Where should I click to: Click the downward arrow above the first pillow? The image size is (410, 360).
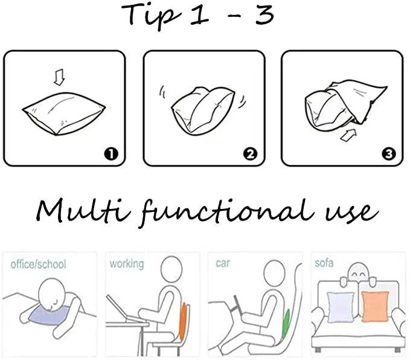click(59, 77)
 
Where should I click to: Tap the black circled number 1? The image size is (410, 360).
click(111, 154)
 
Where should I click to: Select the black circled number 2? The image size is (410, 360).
click(250, 154)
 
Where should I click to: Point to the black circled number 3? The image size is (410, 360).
click(388, 154)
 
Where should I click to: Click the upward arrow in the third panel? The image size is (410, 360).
click(348, 135)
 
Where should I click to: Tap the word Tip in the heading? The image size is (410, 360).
click(151, 14)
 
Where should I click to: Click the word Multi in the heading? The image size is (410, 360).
click(83, 211)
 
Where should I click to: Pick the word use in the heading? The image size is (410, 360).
click(351, 213)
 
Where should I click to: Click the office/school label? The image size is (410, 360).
click(38, 264)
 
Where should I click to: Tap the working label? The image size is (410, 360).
click(127, 264)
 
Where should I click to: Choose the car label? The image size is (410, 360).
click(223, 263)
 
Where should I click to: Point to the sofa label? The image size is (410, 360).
click(324, 263)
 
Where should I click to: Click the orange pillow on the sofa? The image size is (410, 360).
click(375, 307)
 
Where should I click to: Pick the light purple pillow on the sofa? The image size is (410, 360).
click(341, 307)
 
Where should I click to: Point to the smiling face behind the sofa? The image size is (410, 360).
click(359, 274)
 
